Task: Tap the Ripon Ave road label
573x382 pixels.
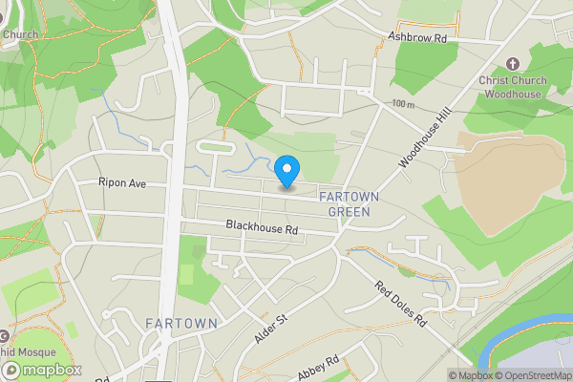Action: [120, 182]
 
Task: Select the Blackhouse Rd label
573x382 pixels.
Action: [263, 229]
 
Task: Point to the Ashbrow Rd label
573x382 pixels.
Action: [416, 37]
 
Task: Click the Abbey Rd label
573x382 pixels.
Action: [319, 368]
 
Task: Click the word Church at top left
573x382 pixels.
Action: [19, 35]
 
